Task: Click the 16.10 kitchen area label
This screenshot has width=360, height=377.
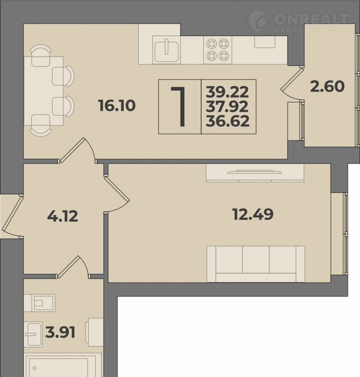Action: coord(117,106)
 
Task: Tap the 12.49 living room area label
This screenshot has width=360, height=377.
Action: coord(253,214)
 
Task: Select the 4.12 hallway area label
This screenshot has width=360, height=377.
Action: coord(63,216)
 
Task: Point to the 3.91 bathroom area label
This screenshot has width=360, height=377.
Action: coord(60,332)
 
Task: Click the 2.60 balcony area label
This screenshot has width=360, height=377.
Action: coord(327,87)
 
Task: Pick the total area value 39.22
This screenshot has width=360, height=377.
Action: coord(227,92)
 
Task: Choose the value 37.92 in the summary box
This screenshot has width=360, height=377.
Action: coord(227,106)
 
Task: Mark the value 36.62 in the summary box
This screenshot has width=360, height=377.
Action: coord(227,121)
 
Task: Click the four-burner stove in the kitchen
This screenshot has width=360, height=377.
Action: coord(218,50)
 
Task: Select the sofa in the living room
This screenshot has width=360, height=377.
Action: coord(256,264)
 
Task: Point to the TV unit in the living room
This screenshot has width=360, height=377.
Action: coord(255,173)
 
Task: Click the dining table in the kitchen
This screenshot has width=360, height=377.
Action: coord(43,91)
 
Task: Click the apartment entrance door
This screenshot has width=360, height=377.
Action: coord(12,216)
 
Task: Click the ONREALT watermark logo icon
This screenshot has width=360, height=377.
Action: coord(258,22)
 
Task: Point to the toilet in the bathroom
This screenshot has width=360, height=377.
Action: coord(39,303)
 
